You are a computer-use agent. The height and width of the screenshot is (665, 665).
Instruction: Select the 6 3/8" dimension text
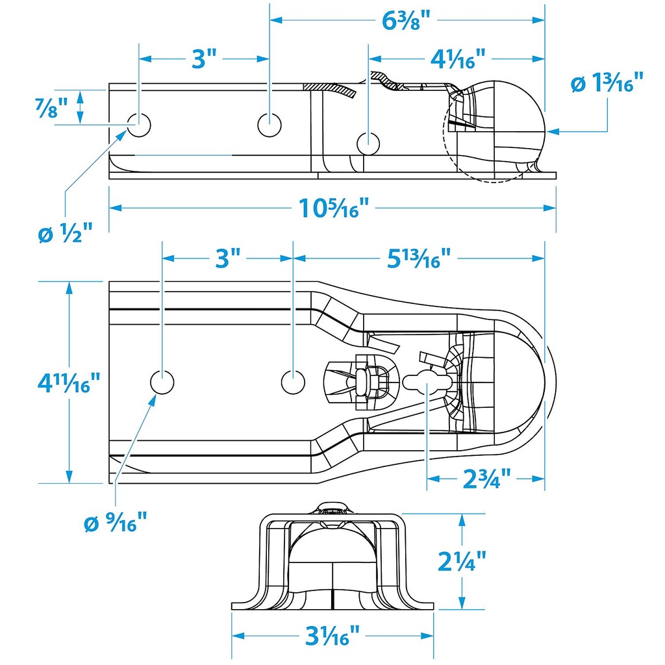pyautogui.click(x=407, y=20)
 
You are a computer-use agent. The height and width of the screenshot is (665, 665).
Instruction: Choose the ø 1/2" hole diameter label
pyautogui.click(x=65, y=232)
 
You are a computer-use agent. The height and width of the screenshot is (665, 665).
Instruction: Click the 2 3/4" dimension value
pyautogui.click(x=485, y=480)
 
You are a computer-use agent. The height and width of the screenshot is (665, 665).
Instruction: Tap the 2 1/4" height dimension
pyautogui.click(x=462, y=560)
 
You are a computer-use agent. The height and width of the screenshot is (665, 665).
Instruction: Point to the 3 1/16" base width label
pyautogui.click(x=332, y=636)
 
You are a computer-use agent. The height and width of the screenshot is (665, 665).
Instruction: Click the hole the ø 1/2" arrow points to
pyautogui.click(x=138, y=123)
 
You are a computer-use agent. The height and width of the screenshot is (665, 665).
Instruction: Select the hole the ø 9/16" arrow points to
pyautogui.click(x=162, y=382)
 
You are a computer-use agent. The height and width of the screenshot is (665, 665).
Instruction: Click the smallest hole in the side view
pyautogui.click(x=368, y=141)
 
